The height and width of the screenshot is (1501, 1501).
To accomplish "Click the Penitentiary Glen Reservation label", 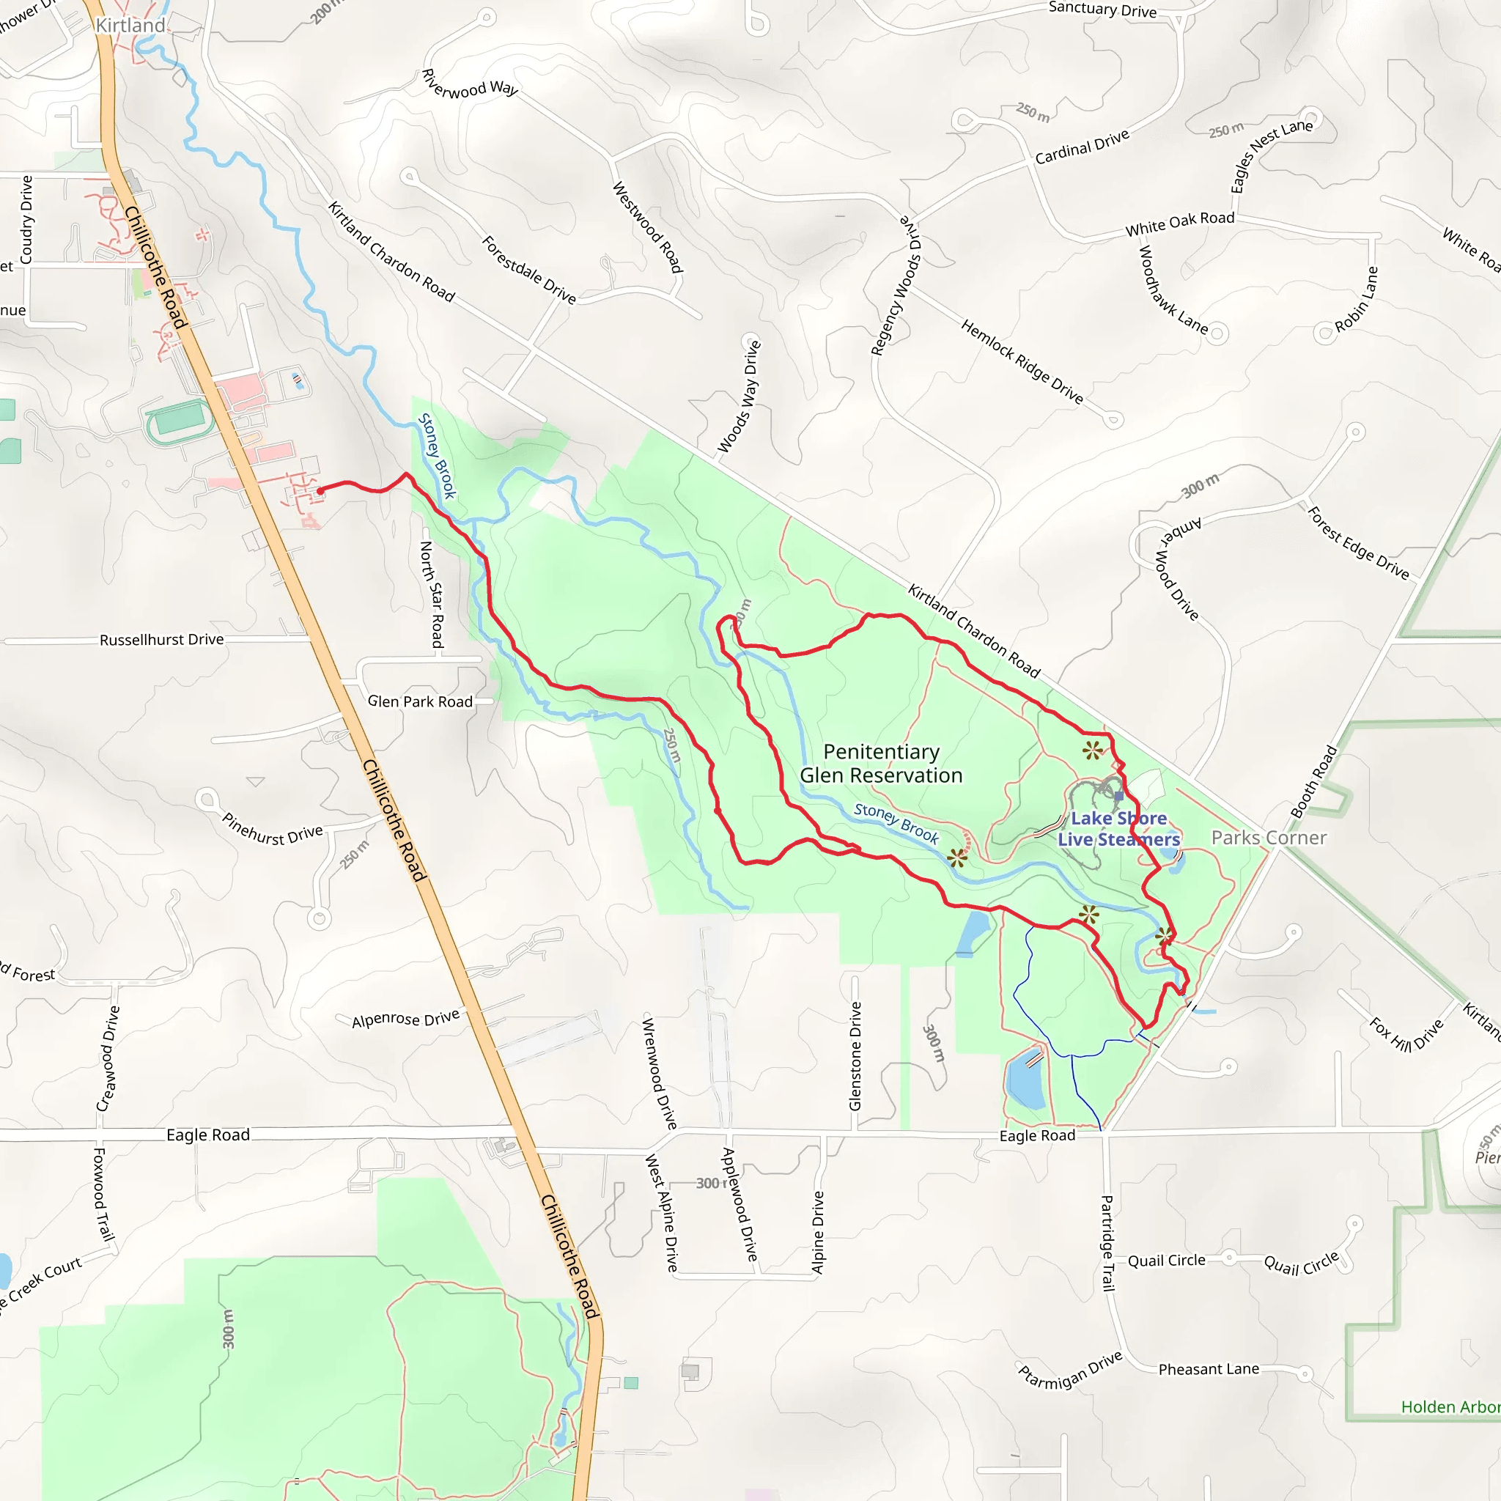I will (881, 764).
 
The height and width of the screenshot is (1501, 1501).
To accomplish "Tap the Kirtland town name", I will (130, 26).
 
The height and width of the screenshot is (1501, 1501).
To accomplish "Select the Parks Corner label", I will (1269, 838).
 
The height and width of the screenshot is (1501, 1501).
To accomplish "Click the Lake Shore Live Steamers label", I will (1118, 829).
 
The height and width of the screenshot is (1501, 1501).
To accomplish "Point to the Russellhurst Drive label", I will (161, 639).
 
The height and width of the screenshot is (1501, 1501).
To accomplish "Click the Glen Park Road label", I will (419, 701).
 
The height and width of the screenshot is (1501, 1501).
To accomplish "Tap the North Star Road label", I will (432, 594).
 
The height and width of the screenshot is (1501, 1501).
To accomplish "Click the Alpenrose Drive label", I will (405, 1019).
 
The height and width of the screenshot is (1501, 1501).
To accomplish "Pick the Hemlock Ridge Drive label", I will (1022, 361).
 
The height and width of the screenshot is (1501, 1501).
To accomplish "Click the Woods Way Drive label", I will (739, 397).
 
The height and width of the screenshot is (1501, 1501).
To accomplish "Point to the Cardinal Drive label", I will (1082, 147).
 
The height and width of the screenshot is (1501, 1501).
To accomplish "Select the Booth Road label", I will (1315, 781).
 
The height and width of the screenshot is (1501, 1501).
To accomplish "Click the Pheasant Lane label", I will (1208, 1369).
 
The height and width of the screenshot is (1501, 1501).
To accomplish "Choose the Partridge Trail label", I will (1108, 1243).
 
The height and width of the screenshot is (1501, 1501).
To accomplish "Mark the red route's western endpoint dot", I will (320, 491).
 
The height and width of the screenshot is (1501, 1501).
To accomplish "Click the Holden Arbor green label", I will (1450, 1407).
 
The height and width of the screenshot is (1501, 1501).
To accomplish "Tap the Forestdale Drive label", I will (529, 270).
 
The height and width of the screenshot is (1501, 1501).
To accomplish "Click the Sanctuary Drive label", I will (1102, 10).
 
